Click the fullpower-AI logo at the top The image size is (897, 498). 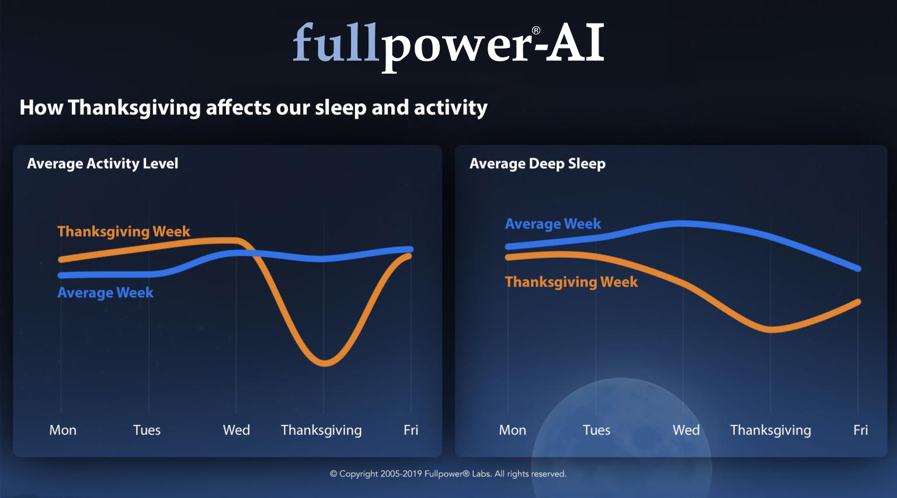(x=448, y=47)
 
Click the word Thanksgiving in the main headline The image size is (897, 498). (x=134, y=108)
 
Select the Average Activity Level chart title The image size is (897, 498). (x=103, y=164)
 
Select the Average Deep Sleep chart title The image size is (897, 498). (x=537, y=164)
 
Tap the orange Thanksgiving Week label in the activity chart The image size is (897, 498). (x=124, y=231)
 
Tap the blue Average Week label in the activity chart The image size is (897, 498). (x=105, y=293)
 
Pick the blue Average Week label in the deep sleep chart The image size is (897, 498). (x=553, y=224)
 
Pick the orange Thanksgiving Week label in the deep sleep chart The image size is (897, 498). (x=572, y=282)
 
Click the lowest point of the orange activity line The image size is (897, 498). (x=324, y=364)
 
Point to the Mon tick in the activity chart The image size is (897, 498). (x=63, y=430)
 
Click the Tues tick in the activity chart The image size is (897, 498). (x=147, y=430)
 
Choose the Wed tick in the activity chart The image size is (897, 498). (x=237, y=430)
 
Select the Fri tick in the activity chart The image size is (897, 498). (x=411, y=430)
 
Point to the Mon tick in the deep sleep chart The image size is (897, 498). (x=513, y=430)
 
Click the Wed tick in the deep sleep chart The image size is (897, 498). (x=686, y=430)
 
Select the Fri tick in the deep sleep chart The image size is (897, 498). (x=861, y=430)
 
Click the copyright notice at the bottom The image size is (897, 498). (x=448, y=474)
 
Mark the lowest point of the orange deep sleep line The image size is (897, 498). (x=771, y=330)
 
